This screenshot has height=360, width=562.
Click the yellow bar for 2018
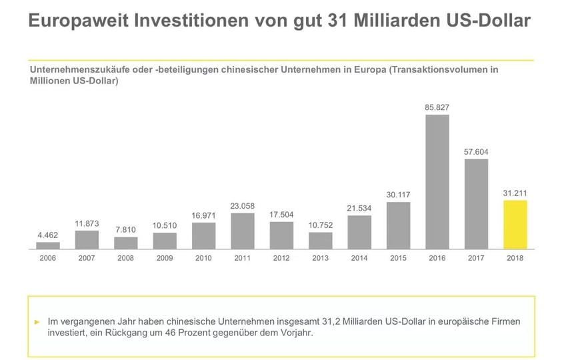[x=515, y=225]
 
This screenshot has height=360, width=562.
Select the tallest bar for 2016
[x=437, y=182]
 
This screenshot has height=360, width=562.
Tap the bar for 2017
[x=476, y=204]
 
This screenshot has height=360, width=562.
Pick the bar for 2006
[x=48, y=245]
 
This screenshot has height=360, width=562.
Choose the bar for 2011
[x=243, y=231]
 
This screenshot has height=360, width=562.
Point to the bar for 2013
[x=320, y=241]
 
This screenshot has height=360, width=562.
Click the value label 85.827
[x=437, y=107]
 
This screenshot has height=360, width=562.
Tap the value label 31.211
[x=515, y=193]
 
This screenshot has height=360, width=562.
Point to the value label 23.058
[x=243, y=206]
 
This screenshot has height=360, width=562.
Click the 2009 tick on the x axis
[x=165, y=258]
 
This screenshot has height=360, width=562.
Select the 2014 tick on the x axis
[x=359, y=258]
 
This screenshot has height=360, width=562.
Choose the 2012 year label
[x=281, y=258]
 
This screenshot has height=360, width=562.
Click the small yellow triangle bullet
[x=37, y=321]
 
